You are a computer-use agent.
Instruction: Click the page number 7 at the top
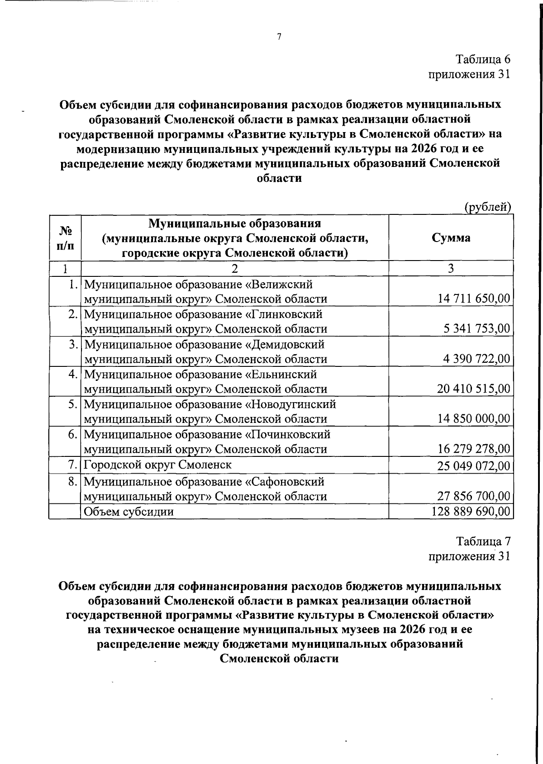click(279, 37)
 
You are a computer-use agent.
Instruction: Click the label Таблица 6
click(483, 59)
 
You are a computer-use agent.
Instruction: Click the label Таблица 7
click(483, 541)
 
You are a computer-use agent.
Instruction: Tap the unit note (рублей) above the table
click(488, 207)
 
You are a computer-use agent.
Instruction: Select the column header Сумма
click(451, 238)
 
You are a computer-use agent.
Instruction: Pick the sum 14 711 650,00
click(474, 299)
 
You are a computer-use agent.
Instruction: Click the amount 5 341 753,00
click(476, 329)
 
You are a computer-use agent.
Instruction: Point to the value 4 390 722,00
click(476, 359)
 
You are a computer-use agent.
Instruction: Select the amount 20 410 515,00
click(474, 389)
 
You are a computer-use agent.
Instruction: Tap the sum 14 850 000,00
click(474, 419)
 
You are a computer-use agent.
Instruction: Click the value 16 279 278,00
click(474, 449)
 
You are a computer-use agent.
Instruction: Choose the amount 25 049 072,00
click(474, 465)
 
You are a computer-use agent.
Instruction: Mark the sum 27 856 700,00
click(474, 496)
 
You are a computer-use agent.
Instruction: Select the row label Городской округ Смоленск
click(158, 465)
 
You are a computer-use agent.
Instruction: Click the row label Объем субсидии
click(129, 512)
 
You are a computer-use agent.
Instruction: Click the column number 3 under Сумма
click(451, 268)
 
